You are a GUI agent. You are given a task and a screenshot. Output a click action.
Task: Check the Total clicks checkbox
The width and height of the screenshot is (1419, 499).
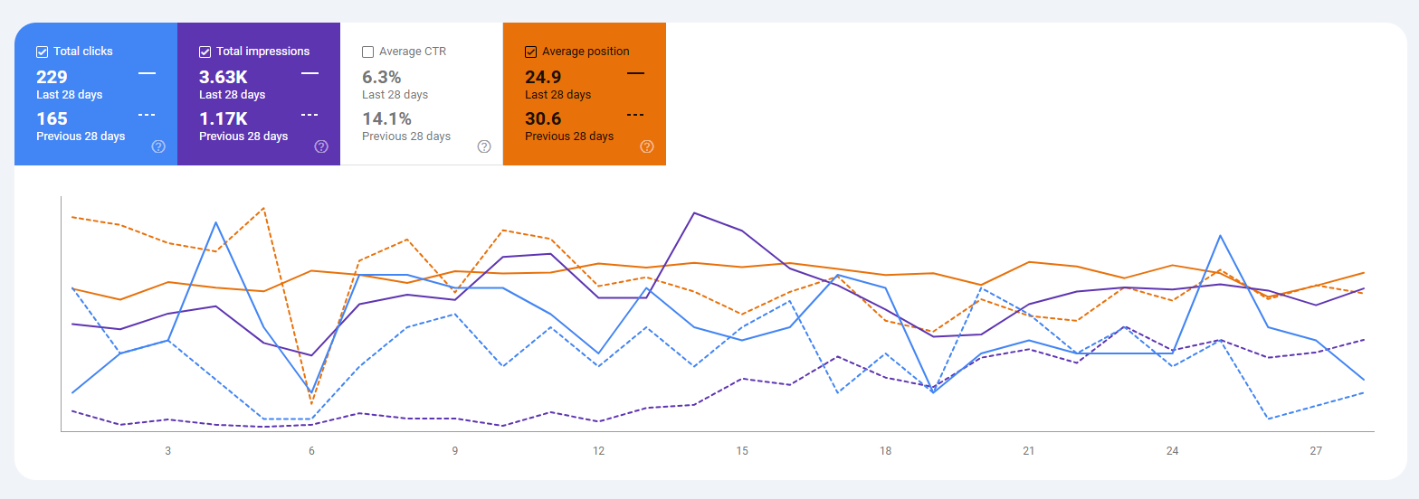pos(42,52)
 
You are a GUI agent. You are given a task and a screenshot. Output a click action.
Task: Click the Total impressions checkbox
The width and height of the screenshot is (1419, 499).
pos(205,52)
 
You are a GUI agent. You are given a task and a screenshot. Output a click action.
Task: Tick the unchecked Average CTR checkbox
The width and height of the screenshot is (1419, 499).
pos(367,52)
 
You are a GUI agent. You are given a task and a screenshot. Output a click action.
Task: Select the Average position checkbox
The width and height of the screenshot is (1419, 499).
pos(530,52)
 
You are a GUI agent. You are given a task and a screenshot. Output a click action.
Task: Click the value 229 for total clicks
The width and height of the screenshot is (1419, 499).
pos(52,77)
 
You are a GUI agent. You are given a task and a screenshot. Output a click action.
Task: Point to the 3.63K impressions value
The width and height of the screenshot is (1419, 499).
pos(223,77)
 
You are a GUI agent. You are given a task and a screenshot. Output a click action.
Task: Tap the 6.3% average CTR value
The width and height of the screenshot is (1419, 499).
pos(381,77)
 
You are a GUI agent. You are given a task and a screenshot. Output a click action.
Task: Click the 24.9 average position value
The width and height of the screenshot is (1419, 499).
pos(543,77)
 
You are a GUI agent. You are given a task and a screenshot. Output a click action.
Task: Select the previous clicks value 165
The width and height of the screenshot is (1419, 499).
pos(52,118)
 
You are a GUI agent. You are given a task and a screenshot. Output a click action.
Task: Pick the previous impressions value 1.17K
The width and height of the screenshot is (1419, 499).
pos(223,118)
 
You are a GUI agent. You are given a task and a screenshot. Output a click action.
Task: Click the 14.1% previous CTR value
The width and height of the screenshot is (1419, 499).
pos(386,118)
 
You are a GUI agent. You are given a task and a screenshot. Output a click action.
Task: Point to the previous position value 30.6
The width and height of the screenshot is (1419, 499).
pos(543,118)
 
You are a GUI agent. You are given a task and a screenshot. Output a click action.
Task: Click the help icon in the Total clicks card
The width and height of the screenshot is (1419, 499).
pos(158,146)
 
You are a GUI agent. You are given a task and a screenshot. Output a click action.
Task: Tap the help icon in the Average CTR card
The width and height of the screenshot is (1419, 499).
pos(484,146)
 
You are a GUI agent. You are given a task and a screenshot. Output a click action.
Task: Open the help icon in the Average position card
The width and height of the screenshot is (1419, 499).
pos(647,146)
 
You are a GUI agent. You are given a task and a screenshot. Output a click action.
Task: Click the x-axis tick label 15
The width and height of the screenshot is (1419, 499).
pos(742,450)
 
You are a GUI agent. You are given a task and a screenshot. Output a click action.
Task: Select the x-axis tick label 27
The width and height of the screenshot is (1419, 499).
pos(1316,450)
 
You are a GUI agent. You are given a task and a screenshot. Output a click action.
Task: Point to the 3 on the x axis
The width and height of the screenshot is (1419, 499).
pos(168,450)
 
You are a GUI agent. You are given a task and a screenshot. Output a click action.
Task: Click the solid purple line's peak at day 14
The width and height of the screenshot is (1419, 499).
pos(694,212)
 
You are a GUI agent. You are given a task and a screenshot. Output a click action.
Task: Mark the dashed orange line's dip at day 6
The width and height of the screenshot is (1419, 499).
pos(311,404)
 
